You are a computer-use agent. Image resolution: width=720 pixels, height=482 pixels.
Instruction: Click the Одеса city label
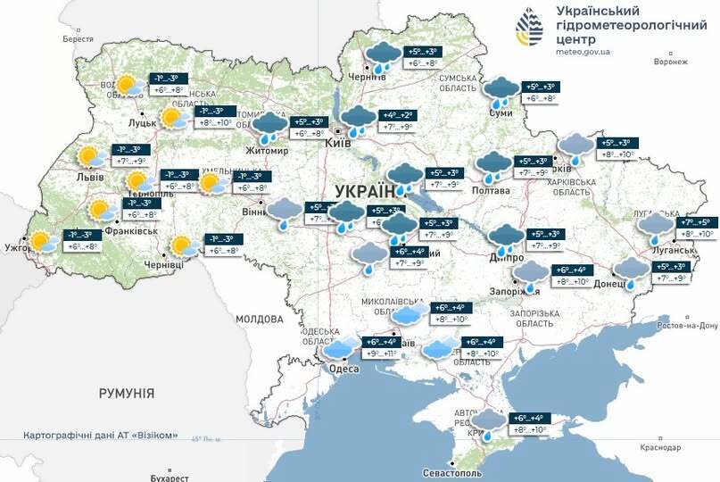tap(343, 369)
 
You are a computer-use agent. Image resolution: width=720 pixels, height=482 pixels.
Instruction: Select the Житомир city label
tap(267, 151)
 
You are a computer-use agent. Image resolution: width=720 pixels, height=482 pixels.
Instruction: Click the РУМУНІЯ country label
tap(127, 393)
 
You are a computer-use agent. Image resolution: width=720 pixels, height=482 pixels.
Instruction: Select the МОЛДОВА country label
tap(260, 319)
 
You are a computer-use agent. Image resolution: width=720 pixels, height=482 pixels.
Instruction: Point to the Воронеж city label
tap(670, 62)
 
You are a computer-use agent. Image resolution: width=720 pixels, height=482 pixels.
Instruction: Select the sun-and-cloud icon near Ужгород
tap(41, 241)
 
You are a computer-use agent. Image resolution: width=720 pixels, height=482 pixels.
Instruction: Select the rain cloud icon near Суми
tap(499, 90)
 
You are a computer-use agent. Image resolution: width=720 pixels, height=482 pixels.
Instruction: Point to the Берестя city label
tap(78, 39)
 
